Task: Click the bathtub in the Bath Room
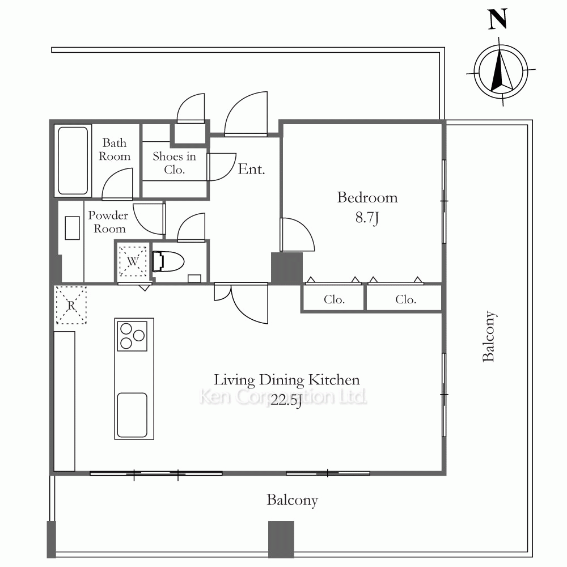pos(73,160)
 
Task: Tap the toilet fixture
pos(168,261)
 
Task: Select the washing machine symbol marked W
pos(133,261)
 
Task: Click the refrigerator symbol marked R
pos(71,305)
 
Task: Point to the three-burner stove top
pos(132,336)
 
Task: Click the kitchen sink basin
pos(132,415)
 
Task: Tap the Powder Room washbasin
pos(73,228)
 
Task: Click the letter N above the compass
pos(498,19)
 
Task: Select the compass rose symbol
pos(501,71)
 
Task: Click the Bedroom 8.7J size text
pos(367,218)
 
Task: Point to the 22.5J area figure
pos(286,401)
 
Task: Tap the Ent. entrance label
pos(251,169)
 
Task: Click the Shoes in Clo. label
pos(174,163)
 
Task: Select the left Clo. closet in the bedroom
pos(333,298)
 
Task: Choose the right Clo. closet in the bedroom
pos(404,298)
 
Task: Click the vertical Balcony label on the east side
pos(489,336)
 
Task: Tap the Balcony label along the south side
pos(292,500)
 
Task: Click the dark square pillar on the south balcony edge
pos(281,539)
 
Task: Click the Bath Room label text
pos(115,149)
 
